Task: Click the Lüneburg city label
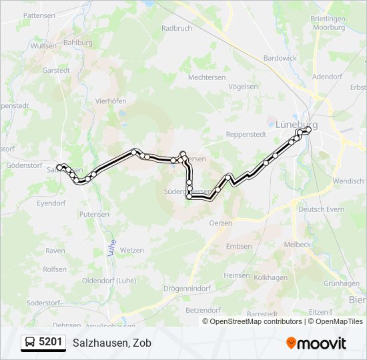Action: click(296, 124)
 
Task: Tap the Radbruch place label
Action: click(176, 29)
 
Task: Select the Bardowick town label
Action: click(280, 58)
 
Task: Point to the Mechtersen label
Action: click(207, 77)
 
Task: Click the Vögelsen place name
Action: click(243, 87)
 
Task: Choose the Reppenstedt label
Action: click(246, 134)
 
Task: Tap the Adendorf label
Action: click(326, 77)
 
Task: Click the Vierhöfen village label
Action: click(111, 101)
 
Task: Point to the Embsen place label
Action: click(239, 246)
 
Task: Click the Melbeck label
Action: click(297, 244)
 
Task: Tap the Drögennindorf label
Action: click(188, 289)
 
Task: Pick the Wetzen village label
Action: click(133, 250)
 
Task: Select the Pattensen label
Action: click(38, 14)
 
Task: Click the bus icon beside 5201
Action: click(30, 343)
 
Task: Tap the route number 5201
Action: click(51, 343)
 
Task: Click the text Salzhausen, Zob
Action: click(112, 343)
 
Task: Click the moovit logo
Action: click(316, 343)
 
